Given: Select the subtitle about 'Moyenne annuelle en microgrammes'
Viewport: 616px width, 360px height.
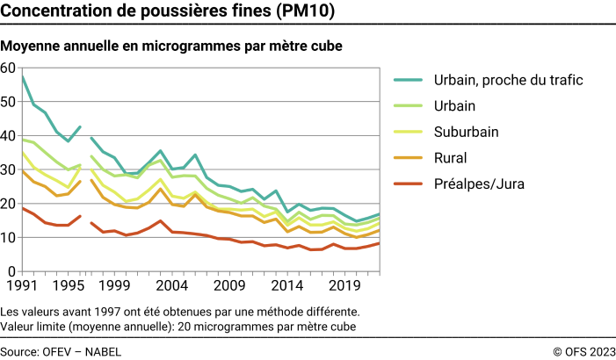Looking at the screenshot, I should (172, 45).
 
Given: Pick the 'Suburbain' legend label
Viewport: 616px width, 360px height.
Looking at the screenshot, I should (467, 132).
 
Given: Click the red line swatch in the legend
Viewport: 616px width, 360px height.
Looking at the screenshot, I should (408, 184).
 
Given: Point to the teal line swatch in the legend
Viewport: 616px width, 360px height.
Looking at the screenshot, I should (408, 80).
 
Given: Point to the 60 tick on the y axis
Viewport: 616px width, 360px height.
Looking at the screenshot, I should (8, 68).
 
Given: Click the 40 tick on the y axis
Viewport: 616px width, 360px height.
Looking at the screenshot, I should (8, 136).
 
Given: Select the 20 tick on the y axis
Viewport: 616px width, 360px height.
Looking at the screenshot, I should (8, 204).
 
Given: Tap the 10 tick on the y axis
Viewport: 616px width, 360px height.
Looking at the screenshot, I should (8, 238).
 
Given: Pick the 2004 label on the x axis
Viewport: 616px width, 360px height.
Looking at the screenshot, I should (170, 285).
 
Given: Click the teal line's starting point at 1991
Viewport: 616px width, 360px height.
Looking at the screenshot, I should (22, 76).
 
